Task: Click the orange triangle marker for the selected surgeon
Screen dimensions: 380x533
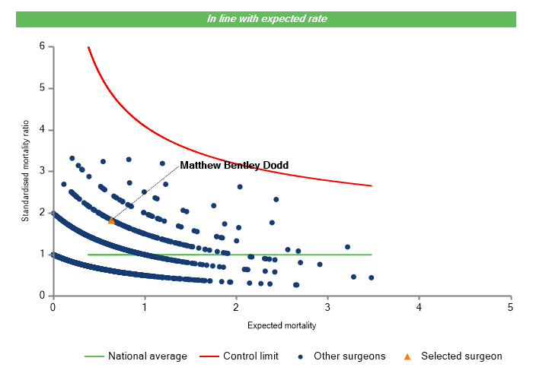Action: coord(111,220)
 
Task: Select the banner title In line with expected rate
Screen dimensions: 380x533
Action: coord(266,18)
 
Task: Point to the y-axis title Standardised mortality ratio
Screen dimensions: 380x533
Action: coord(24,169)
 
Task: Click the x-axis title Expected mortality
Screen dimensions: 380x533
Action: coord(282,325)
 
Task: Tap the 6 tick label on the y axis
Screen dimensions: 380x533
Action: coord(42,46)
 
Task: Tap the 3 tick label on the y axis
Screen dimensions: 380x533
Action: coord(42,171)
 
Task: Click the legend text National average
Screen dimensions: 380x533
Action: coord(147,356)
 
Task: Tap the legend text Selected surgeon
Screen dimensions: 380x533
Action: coord(461,356)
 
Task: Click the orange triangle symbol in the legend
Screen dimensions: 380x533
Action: coord(407,356)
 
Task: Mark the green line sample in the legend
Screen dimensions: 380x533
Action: coord(93,356)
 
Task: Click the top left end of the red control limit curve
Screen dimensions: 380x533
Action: coord(88,47)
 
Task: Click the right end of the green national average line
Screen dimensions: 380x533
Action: coord(372,255)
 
